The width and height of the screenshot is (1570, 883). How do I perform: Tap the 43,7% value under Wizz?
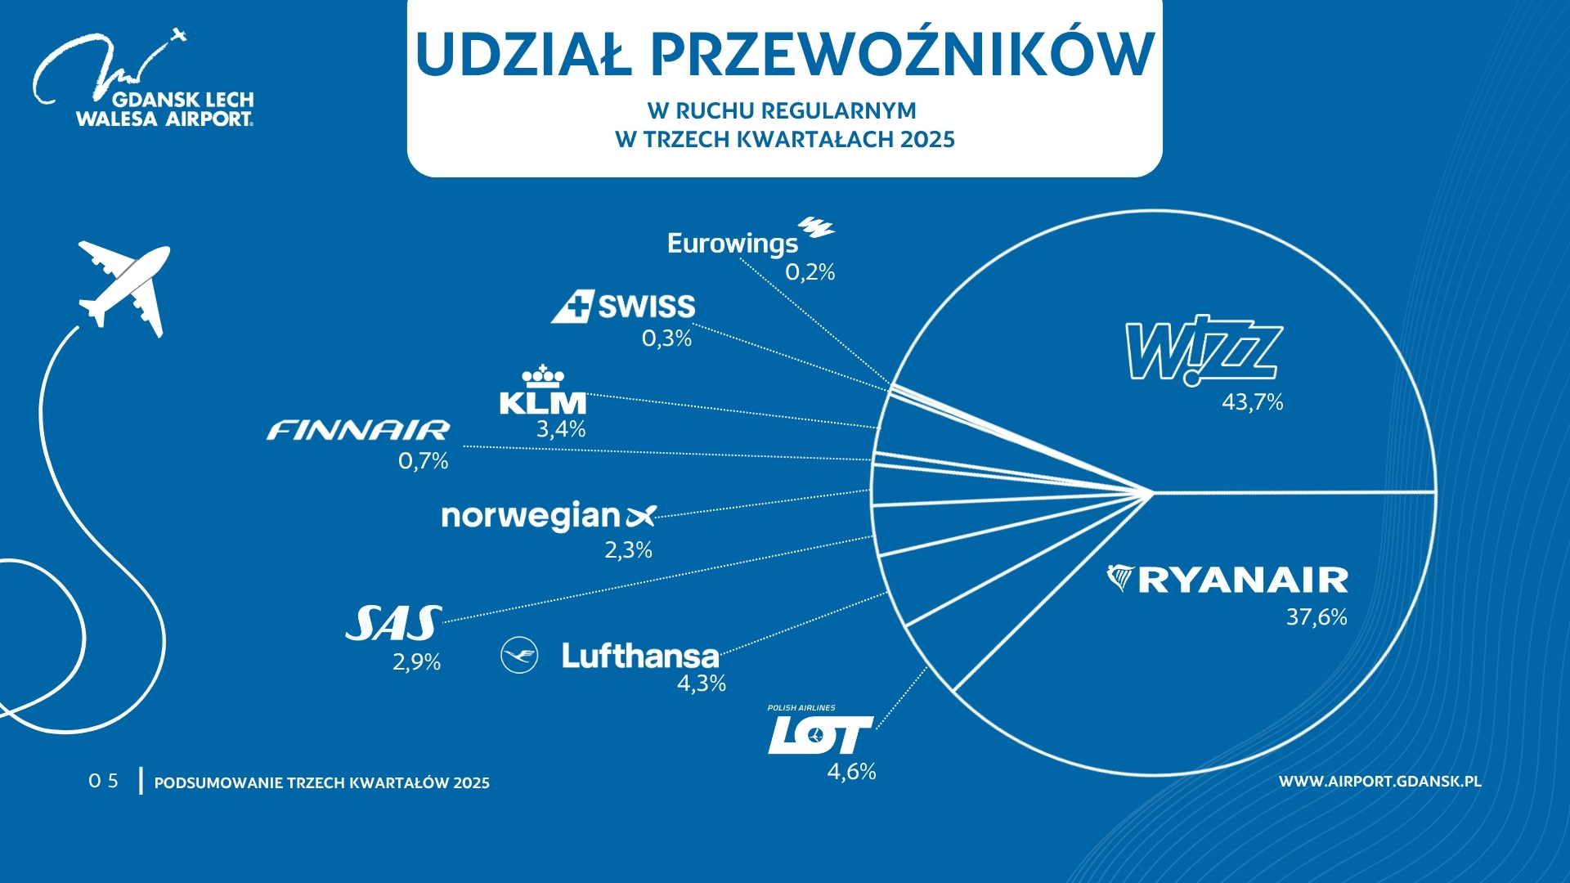click(1252, 402)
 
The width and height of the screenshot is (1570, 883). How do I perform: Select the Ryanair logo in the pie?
click(1227, 580)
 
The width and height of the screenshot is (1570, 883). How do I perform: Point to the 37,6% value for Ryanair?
click(1316, 616)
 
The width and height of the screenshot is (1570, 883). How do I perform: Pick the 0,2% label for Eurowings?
click(810, 272)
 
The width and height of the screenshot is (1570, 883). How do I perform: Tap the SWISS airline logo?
click(623, 307)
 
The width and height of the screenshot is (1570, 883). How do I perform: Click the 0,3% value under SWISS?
click(666, 338)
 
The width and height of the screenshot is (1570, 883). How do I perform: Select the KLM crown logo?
click(543, 390)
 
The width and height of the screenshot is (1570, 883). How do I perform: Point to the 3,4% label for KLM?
click(561, 429)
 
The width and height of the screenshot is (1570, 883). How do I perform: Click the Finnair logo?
click(358, 430)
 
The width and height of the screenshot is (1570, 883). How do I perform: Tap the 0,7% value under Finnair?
click(423, 462)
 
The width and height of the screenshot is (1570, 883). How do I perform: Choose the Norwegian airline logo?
click(548, 517)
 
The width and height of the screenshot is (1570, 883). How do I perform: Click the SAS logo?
click(393, 624)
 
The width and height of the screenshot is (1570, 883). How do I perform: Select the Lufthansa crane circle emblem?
click(519, 656)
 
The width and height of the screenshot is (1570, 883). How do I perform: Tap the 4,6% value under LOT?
click(851, 772)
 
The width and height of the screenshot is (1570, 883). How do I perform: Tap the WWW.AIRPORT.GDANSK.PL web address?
click(1379, 782)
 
